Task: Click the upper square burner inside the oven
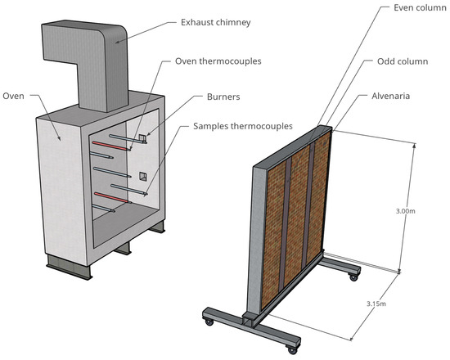coord(142,137)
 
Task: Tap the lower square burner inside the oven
coord(143,176)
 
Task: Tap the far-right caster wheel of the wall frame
coord(353,277)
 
